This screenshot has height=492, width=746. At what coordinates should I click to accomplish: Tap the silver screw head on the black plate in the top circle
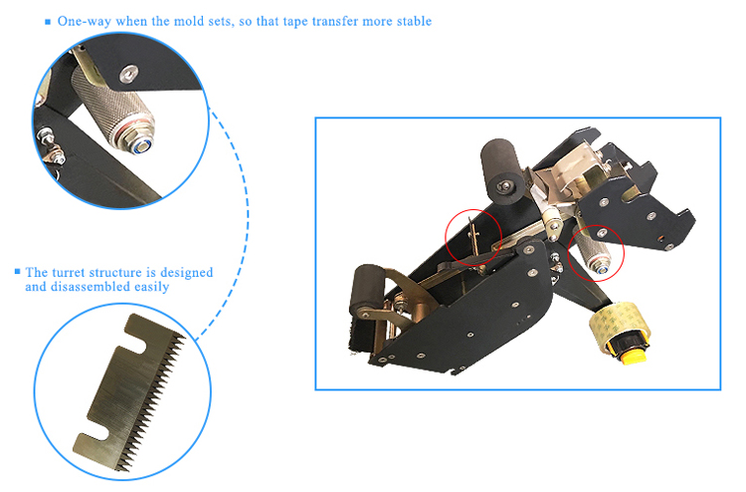click(x=128, y=74)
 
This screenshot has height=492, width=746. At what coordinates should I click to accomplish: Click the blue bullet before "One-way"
click(x=48, y=22)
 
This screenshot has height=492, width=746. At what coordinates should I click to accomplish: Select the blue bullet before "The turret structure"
click(x=18, y=272)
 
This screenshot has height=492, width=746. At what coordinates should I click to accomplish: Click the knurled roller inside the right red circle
click(x=592, y=251)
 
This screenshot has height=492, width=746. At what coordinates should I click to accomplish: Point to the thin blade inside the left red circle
click(x=472, y=237)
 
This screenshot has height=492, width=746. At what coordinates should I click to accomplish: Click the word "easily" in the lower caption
click(x=152, y=287)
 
